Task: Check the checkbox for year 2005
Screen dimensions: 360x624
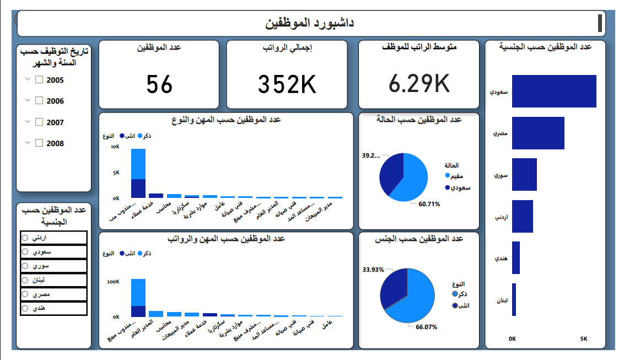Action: (x=39, y=80)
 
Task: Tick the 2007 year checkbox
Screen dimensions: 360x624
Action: (x=39, y=122)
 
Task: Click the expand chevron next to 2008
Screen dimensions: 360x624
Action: (x=28, y=143)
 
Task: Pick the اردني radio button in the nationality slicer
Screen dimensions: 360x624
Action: (x=25, y=238)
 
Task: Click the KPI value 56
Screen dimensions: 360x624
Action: (x=160, y=84)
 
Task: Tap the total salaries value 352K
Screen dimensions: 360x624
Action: (x=287, y=84)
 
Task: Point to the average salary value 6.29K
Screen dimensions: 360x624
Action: (x=419, y=83)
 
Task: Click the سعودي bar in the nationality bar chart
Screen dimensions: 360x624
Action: (x=554, y=91)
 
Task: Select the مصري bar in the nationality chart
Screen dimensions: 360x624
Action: (x=538, y=133)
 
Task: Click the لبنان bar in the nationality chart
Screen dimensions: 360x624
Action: (x=514, y=299)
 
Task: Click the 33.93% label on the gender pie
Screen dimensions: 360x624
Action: (x=373, y=270)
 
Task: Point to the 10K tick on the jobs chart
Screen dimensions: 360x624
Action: (x=115, y=147)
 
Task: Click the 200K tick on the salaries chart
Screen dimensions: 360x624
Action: (x=112, y=282)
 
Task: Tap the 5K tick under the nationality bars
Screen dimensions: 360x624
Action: (x=584, y=338)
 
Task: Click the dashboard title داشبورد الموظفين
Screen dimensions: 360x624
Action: (x=310, y=23)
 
